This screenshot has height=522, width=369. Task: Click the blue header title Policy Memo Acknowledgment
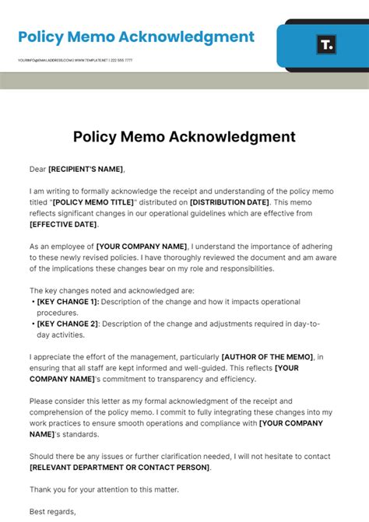(136, 37)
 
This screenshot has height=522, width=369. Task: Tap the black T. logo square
(327, 45)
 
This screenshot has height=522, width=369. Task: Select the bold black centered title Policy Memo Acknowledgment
(184, 137)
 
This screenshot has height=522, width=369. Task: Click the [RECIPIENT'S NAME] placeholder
(86, 169)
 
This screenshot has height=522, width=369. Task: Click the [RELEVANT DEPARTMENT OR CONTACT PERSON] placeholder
(120, 467)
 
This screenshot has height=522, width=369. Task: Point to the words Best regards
(53, 511)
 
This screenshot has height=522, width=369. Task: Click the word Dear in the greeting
(37, 169)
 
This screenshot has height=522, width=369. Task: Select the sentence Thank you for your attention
(104, 489)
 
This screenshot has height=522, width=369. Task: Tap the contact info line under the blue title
(75, 60)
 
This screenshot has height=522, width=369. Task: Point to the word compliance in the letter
(215, 423)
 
